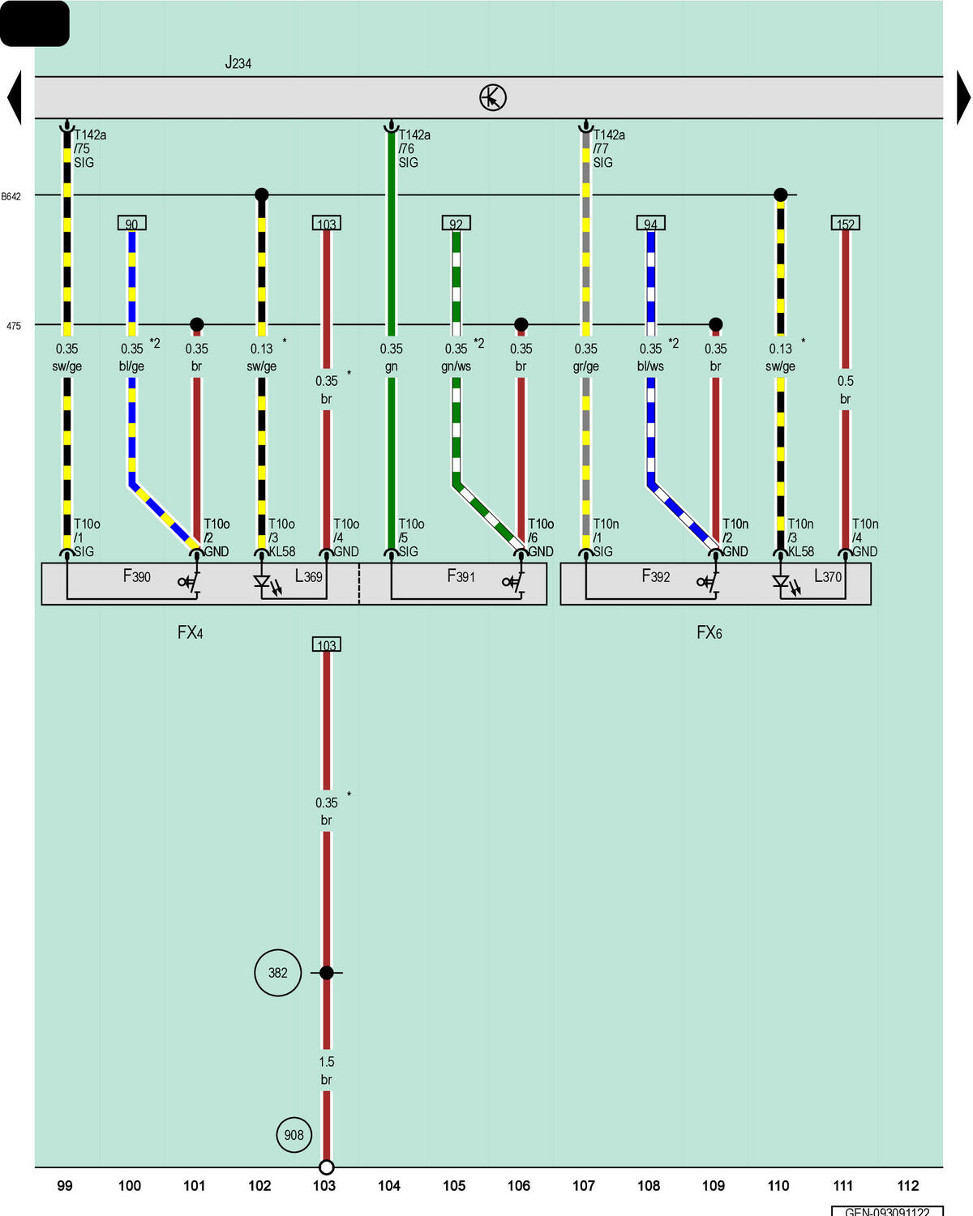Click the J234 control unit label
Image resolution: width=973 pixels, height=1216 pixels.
click(238, 62)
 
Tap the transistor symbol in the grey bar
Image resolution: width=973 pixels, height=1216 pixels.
click(492, 98)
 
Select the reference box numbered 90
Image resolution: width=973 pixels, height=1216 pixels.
click(131, 223)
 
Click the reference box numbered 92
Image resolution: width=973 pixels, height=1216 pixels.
click(456, 223)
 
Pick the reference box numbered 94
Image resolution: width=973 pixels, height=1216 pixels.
click(650, 223)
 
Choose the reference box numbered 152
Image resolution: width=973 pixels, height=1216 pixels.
click(845, 223)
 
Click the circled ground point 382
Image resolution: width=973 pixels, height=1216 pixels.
click(277, 973)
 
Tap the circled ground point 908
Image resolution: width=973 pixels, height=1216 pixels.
click(294, 1135)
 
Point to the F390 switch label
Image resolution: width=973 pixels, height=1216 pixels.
click(137, 576)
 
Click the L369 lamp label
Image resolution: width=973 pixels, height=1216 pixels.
click(309, 576)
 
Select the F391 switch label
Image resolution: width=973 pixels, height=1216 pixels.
click(461, 576)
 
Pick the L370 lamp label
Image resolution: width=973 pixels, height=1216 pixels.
click(828, 576)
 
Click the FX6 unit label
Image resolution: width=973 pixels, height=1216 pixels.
click(709, 632)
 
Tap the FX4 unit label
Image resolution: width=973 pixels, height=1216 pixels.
click(190, 632)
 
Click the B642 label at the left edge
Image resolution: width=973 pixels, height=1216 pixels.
click(11, 197)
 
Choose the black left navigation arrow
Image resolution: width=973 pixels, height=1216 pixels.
click(15, 97)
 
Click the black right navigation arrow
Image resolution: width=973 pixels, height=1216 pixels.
click(963, 97)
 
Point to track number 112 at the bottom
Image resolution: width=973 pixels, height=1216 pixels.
click(908, 1186)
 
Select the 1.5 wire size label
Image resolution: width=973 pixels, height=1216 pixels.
click(326, 1062)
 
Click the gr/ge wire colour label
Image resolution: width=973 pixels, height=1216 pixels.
click(585, 366)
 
